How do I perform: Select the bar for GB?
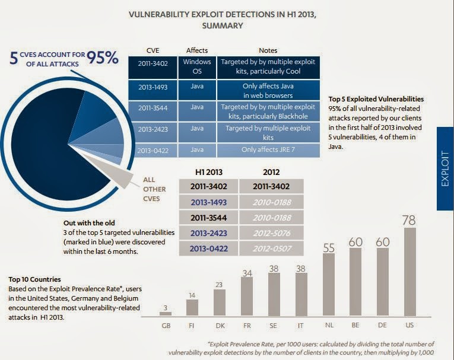coord(166,313)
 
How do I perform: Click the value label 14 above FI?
coord(192,295)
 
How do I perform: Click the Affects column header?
coord(197,50)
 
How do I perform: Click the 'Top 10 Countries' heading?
coord(36,278)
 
